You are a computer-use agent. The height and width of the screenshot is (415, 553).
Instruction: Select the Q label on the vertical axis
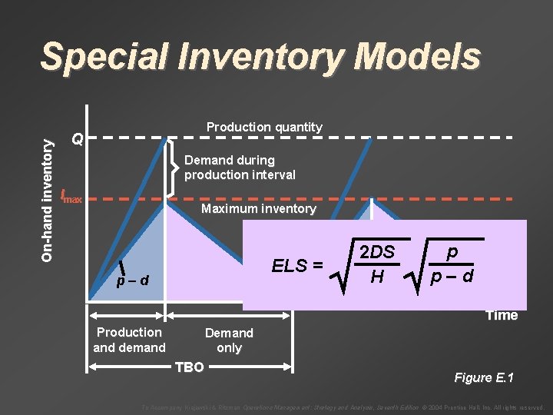(x=76, y=139)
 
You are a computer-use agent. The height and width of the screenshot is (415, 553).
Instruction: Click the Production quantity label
(x=264, y=127)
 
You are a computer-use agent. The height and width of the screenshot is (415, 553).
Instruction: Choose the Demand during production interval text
(x=240, y=168)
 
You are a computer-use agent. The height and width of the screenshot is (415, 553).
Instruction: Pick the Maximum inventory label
(x=258, y=209)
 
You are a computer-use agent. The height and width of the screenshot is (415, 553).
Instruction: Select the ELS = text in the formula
(x=297, y=267)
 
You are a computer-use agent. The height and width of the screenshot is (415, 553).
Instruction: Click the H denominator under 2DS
(x=377, y=276)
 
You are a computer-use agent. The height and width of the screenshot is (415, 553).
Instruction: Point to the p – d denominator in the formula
(x=452, y=276)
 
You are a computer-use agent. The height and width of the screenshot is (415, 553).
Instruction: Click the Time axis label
(x=502, y=315)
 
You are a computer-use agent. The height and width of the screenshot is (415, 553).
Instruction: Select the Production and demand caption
(x=129, y=340)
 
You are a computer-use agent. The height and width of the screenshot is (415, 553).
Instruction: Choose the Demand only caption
(x=229, y=340)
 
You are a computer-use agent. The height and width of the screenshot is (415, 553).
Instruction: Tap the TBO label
(x=190, y=367)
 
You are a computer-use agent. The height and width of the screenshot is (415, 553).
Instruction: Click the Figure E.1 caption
(x=484, y=377)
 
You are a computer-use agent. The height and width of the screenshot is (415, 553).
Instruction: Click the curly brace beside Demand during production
(x=173, y=167)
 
